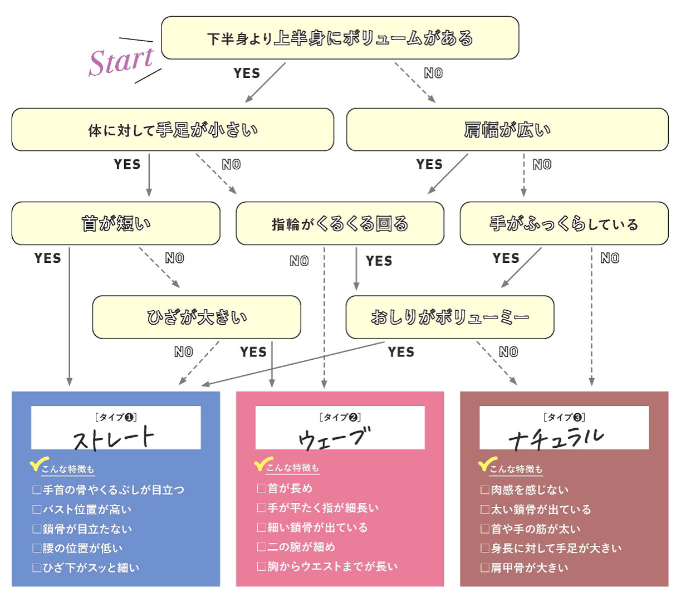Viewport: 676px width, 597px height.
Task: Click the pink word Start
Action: tap(121, 61)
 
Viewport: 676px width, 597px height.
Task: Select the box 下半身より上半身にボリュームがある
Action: tap(340, 38)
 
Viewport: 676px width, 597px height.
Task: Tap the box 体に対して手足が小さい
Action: tap(173, 130)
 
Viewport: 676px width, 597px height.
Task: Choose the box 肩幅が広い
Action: tap(507, 130)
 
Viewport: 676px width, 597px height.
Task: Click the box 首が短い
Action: tap(116, 223)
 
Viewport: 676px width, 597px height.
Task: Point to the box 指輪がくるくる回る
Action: tap(340, 224)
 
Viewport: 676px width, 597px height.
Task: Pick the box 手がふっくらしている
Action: tap(564, 224)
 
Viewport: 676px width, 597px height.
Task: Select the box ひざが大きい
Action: tap(197, 317)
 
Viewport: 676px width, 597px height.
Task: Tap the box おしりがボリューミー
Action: tap(450, 317)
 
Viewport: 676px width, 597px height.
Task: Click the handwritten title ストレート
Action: tap(114, 438)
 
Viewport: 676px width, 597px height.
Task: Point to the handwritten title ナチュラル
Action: tap(556, 438)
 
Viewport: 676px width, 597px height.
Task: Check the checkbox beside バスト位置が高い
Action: tap(37, 510)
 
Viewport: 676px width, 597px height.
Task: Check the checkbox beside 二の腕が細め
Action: tap(261, 547)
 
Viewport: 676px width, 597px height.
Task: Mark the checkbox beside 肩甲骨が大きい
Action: tap(485, 568)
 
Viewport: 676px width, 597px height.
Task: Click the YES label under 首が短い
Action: tap(48, 258)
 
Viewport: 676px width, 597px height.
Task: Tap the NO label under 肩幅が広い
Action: tap(542, 165)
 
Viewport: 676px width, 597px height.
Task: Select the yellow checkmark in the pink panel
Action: tap(262, 464)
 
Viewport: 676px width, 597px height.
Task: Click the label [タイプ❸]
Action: tap(564, 417)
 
